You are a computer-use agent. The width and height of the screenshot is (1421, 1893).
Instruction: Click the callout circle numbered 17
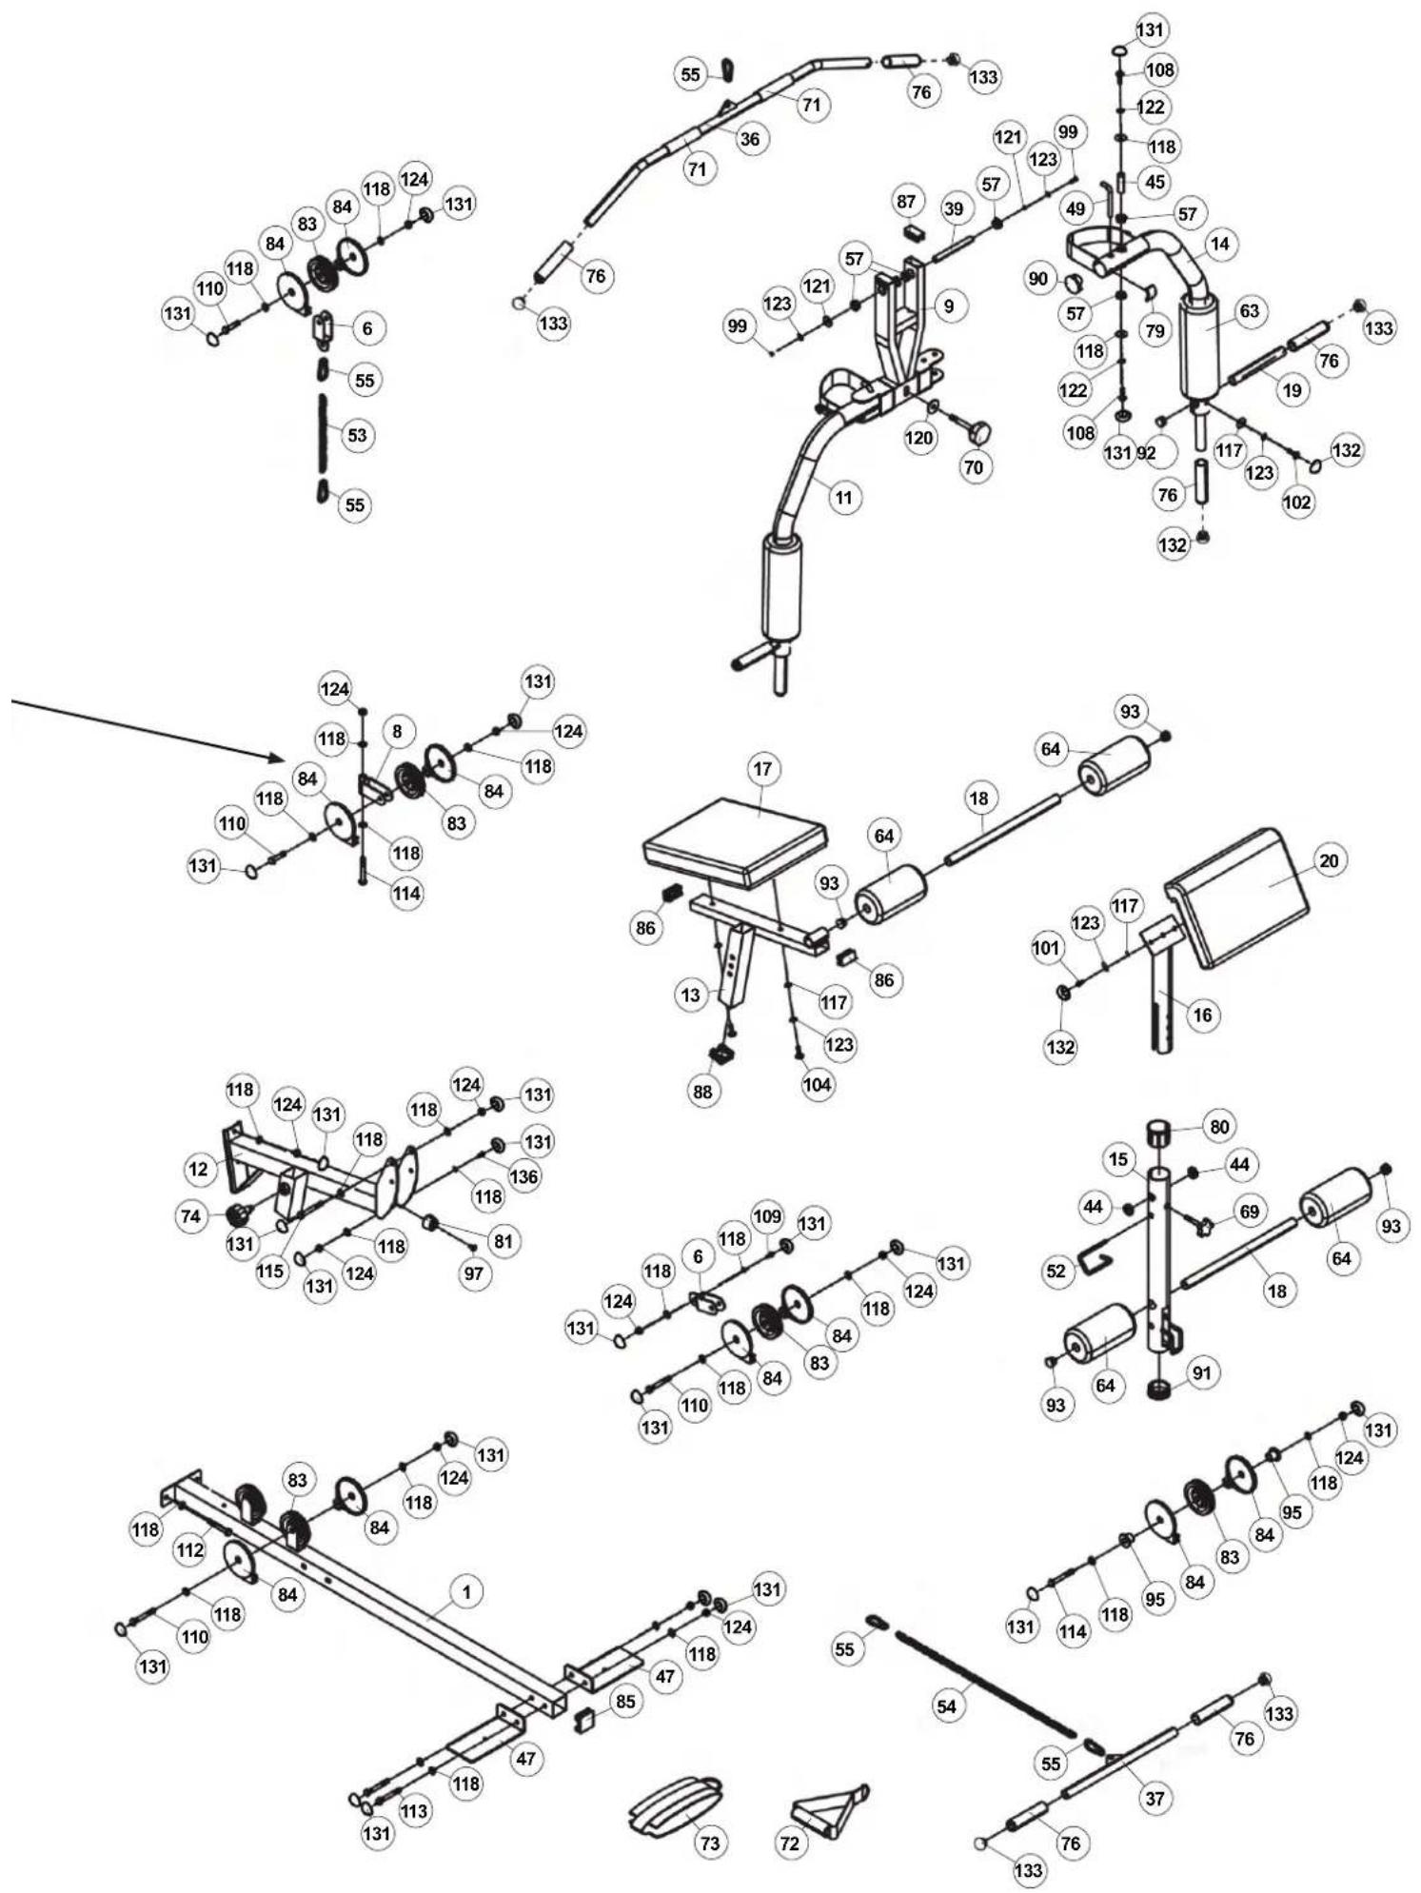click(x=763, y=769)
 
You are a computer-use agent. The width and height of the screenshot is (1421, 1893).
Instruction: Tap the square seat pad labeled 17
click(x=736, y=842)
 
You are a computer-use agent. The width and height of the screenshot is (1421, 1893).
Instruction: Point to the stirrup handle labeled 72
click(x=830, y=1811)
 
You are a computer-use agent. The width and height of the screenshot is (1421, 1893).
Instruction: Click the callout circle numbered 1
click(x=466, y=1591)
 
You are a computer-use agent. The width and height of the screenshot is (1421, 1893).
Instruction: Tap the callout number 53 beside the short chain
click(x=356, y=436)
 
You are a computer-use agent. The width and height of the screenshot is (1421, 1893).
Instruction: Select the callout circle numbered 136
click(x=523, y=1176)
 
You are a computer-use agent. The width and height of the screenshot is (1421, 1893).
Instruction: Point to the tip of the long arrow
click(x=286, y=759)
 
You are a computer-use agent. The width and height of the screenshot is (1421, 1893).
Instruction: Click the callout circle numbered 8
click(x=397, y=731)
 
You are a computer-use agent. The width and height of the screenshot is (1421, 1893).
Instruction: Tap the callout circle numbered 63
click(x=1249, y=310)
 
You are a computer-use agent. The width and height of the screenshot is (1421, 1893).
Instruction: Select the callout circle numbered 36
click(x=750, y=139)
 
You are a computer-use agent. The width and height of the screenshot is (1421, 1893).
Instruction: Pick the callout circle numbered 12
click(x=199, y=1169)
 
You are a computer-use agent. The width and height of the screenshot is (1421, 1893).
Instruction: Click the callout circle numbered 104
click(x=817, y=1084)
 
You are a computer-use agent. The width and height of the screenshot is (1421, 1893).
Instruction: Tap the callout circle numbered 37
click(x=1155, y=1798)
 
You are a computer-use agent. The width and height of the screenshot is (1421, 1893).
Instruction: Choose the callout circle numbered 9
click(x=949, y=306)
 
